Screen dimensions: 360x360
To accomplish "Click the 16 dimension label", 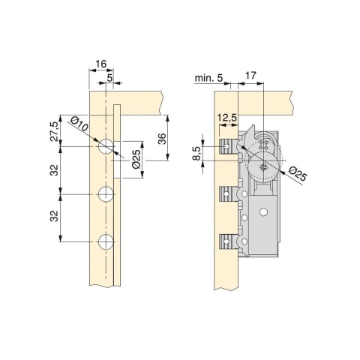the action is point(101,64).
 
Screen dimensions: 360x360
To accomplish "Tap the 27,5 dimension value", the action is point(55,132).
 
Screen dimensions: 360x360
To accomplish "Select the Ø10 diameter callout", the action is point(79,124).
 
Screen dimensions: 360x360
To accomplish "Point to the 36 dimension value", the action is point(162,139).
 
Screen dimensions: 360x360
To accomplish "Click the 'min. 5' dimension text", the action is point(208,78).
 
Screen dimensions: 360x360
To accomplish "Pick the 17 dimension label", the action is point(251,75).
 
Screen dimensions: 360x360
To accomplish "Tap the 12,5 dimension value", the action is point(227,118).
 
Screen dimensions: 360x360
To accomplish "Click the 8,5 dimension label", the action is point(197,154).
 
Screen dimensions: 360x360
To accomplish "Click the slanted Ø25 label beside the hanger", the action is point(297,173).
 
